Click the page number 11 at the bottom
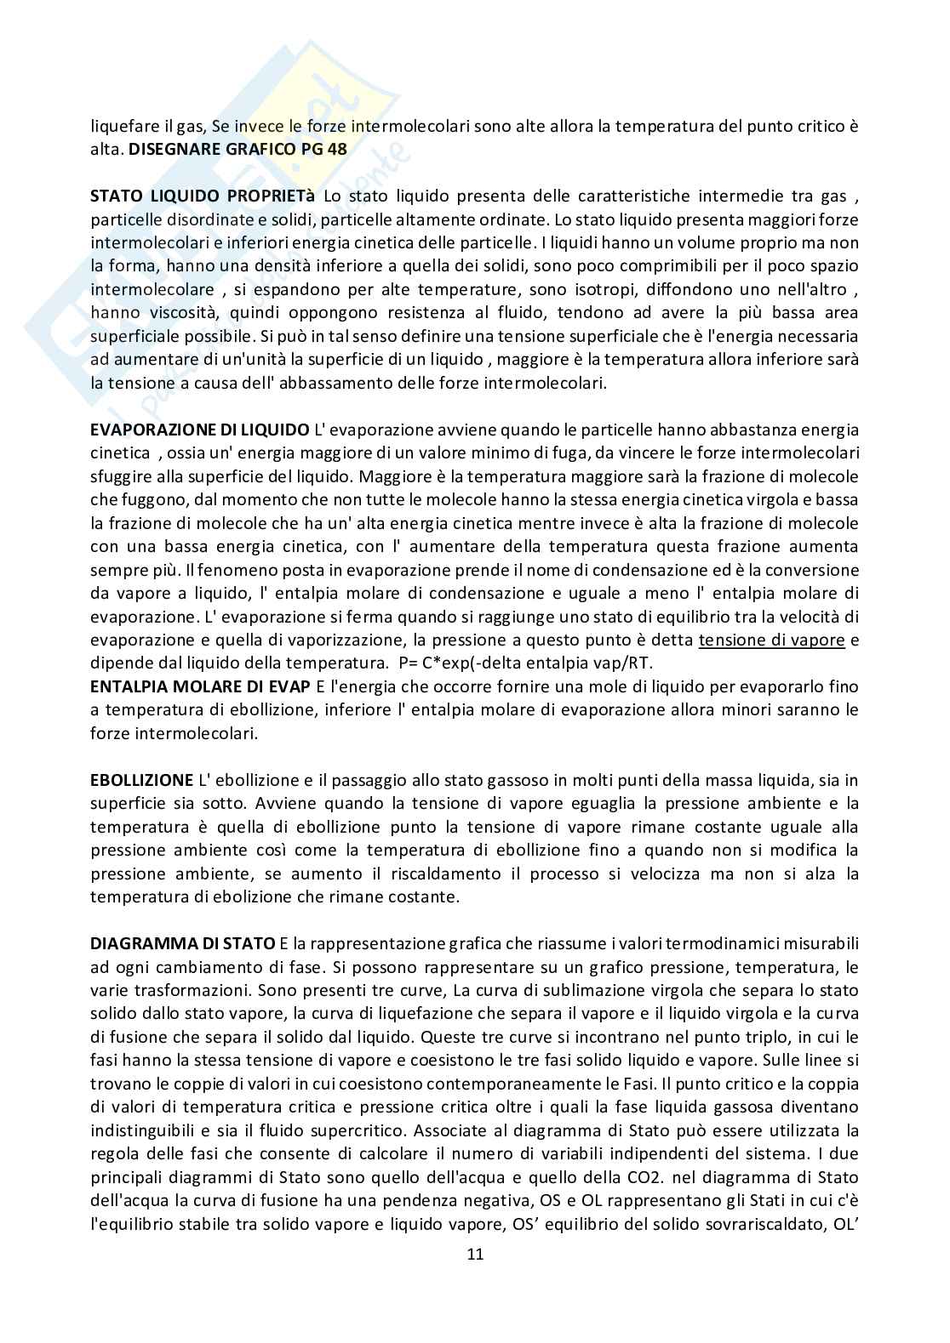475,1254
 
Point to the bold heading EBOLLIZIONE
141,780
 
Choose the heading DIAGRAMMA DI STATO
183,943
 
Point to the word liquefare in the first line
121,127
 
